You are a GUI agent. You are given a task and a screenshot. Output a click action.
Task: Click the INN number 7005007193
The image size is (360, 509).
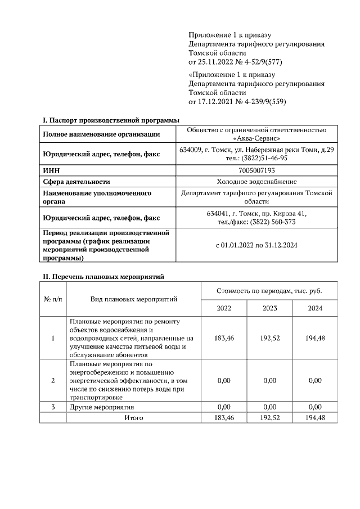tap(256, 170)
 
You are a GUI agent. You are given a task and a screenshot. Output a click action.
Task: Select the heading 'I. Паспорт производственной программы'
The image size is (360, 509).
tap(111, 120)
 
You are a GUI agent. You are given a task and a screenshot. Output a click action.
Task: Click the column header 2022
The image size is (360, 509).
tap(223, 308)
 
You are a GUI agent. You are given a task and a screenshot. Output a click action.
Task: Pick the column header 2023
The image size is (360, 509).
tap(269, 308)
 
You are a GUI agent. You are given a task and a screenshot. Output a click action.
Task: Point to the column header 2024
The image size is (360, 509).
tap(315, 308)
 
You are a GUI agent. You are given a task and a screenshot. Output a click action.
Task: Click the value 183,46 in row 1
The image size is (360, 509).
tap(223, 338)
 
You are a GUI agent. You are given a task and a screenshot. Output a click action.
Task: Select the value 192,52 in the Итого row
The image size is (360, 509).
tap(269, 417)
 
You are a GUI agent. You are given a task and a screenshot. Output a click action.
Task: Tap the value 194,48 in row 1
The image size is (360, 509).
tap(315, 338)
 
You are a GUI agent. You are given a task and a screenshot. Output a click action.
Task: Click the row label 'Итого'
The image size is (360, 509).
tap(134, 417)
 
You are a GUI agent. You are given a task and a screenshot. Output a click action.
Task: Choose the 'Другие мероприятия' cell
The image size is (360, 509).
tap(102, 407)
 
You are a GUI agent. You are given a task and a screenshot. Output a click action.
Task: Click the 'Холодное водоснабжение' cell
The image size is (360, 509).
tap(256, 181)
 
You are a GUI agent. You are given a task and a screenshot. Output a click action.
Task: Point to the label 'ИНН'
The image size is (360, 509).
tap(52, 170)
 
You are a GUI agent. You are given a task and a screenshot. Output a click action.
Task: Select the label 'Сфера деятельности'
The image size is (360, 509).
tap(76, 181)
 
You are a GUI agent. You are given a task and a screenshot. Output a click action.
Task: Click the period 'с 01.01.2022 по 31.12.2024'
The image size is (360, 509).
tap(256, 245)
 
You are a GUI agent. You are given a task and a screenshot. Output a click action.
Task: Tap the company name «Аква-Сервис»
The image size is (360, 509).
tap(256, 138)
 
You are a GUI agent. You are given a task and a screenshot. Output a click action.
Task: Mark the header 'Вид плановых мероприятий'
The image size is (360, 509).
tap(134, 299)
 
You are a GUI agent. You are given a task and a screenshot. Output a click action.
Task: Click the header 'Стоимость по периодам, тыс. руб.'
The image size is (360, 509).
tap(269, 291)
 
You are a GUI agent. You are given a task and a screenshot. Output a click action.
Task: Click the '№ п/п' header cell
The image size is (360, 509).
tap(53, 299)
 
